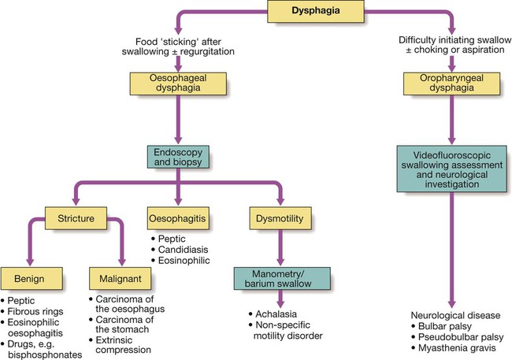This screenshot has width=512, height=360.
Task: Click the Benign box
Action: coord(28,279)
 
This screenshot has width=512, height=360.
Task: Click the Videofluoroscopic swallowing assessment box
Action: coord(450,168)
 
